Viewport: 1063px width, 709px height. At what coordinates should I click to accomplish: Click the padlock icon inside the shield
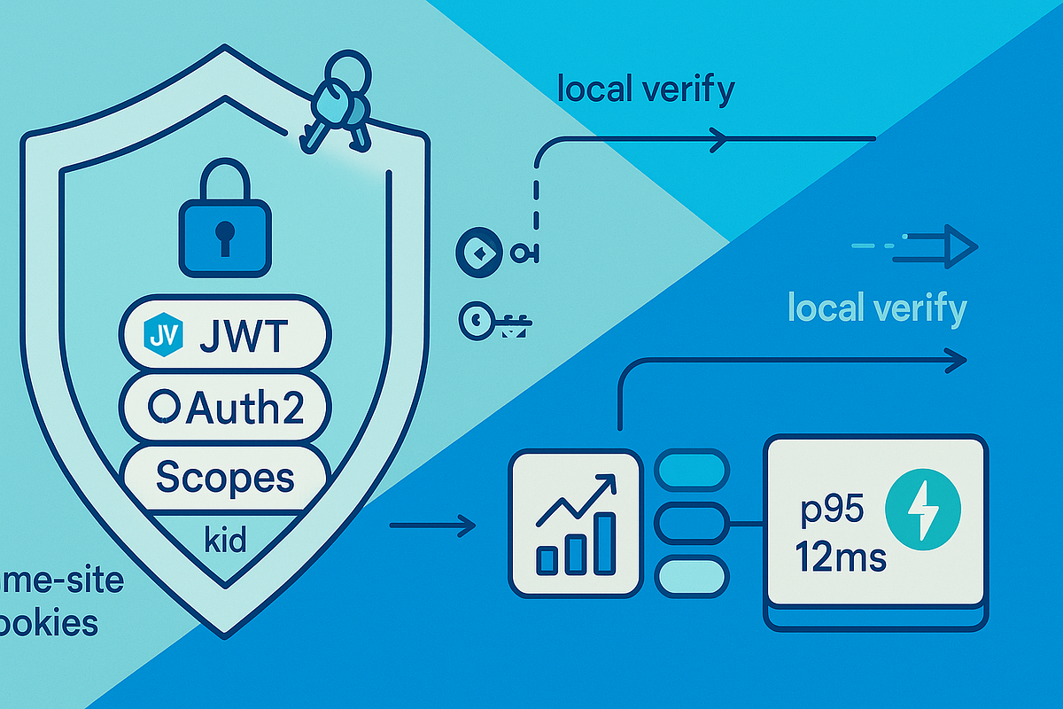pyautogui.click(x=225, y=221)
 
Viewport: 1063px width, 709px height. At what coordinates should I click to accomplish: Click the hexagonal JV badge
pyautogui.click(x=163, y=336)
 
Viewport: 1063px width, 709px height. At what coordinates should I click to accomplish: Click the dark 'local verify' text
pyautogui.click(x=646, y=90)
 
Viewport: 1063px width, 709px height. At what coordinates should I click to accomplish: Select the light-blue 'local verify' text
pyautogui.click(x=876, y=309)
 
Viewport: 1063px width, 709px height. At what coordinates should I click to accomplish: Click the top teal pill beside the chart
pyautogui.click(x=691, y=468)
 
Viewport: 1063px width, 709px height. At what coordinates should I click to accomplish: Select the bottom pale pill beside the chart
pyautogui.click(x=691, y=573)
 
